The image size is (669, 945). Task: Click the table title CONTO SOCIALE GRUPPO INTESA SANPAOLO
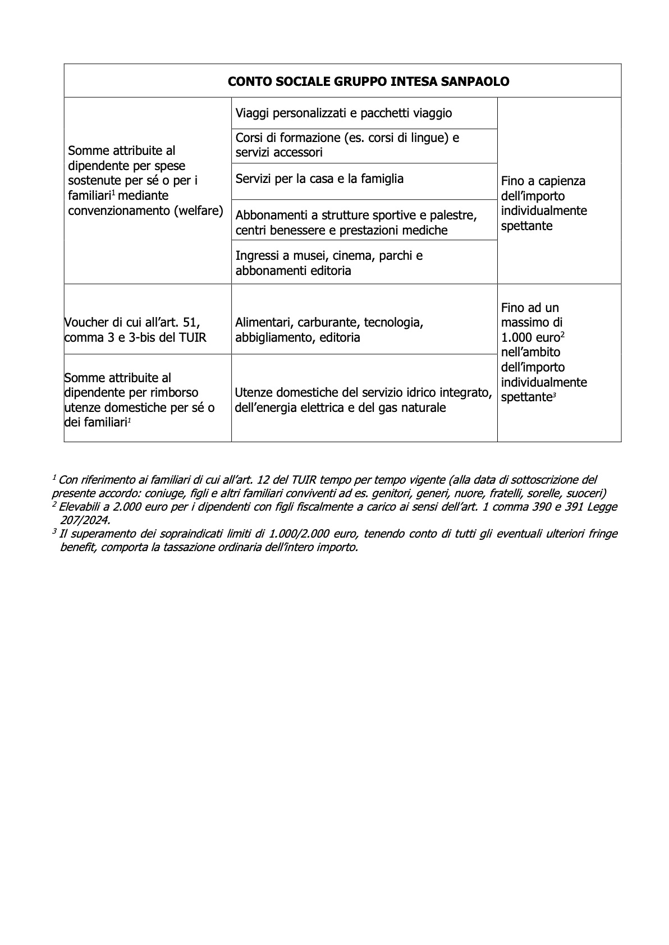(368, 82)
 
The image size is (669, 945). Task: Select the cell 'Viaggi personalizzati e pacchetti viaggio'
(343, 113)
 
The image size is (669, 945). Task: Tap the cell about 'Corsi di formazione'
(347, 145)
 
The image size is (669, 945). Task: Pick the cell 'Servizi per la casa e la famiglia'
(319, 179)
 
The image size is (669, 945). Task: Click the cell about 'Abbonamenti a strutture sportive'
(356, 223)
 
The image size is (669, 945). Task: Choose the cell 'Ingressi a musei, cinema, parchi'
(329, 263)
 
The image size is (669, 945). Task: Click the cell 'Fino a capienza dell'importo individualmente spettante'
(543, 203)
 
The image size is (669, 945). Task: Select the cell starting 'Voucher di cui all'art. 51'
(135, 330)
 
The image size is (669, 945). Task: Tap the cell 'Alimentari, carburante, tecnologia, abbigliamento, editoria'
(329, 330)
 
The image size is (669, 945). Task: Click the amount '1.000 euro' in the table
(530, 337)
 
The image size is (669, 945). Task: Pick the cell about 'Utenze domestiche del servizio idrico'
(363, 400)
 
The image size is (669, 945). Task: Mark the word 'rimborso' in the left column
(174, 393)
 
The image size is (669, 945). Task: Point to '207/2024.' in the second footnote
(85, 520)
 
